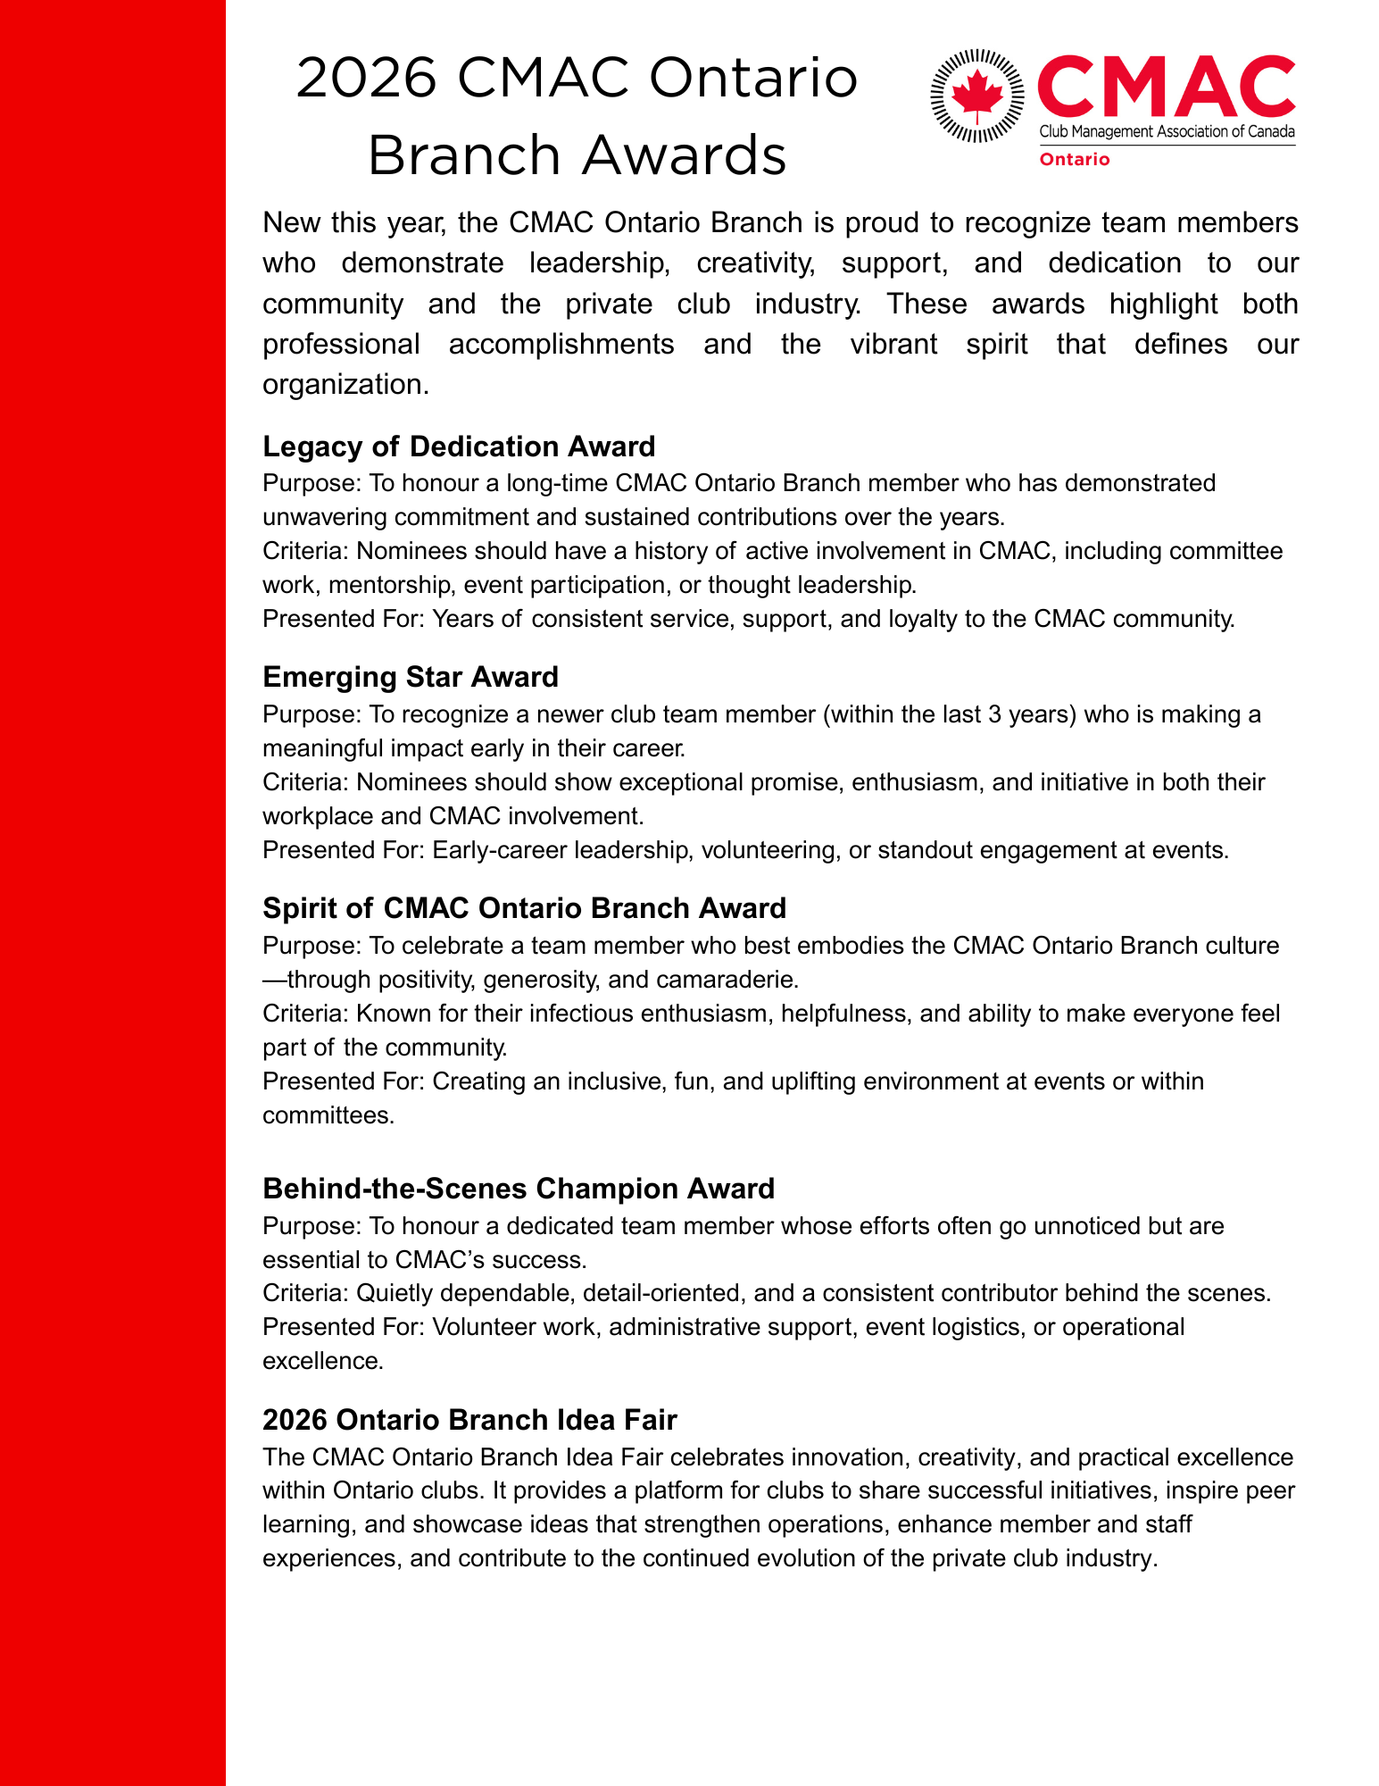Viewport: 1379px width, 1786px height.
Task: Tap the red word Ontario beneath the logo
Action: coord(1075,160)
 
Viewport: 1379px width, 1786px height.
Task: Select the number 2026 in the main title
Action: coord(367,79)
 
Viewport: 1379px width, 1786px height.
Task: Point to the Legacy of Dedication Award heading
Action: coord(459,446)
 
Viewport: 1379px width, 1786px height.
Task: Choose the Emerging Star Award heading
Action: coord(411,677)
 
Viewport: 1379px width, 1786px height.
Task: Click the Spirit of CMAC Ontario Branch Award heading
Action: coord(524,908)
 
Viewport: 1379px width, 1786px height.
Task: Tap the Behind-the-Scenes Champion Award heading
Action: coord(519,1189)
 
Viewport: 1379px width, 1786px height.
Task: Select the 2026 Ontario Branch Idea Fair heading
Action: coord(469,1420)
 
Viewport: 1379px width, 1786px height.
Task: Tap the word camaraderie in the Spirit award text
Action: coord(726,980)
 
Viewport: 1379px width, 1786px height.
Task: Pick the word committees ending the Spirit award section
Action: coord(328,1115)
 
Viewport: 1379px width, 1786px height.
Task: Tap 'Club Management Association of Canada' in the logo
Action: coord(1167,132)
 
